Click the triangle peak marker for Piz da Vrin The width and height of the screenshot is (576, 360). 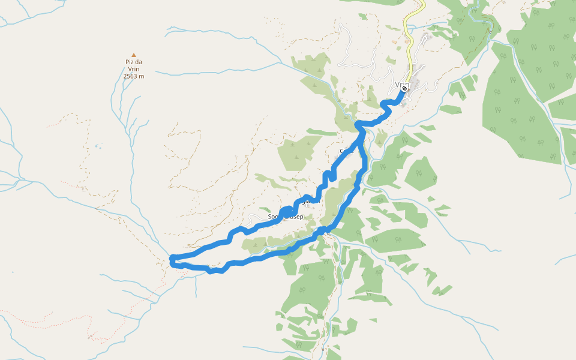[133, 55]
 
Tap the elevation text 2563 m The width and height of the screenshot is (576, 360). [133, 76]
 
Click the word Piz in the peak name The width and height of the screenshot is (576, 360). [129, 62]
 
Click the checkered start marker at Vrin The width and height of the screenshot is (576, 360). [405, 89]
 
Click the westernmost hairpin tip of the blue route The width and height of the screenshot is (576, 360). [173, 260]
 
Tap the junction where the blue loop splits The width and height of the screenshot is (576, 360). [360, 126]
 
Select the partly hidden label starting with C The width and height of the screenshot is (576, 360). [343, 151]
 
